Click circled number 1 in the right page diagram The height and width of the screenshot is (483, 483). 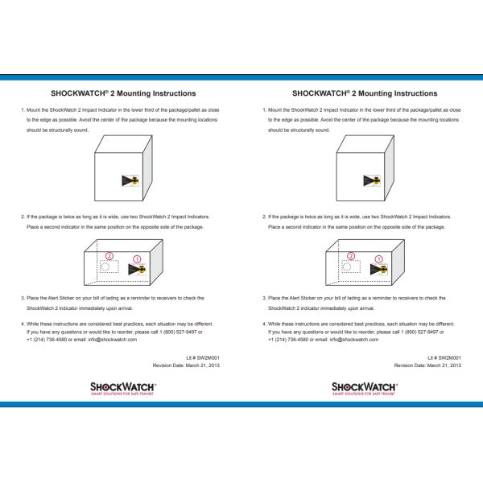378,258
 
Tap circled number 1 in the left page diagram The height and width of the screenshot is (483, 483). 137,258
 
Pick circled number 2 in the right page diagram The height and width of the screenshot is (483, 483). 349,255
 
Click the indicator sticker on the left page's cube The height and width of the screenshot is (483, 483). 130,180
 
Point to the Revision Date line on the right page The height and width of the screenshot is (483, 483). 427,365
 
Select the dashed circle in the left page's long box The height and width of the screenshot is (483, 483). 105,266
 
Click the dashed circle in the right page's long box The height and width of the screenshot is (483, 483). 346,266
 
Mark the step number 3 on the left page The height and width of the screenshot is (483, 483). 23,298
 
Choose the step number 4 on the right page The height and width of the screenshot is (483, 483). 264,324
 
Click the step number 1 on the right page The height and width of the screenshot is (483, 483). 264,109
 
